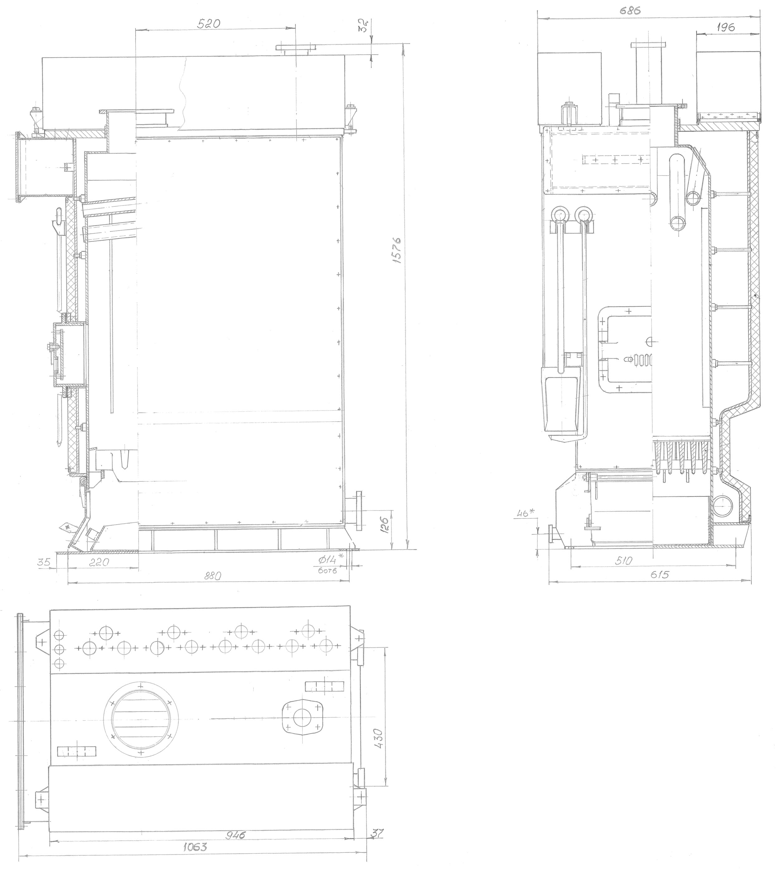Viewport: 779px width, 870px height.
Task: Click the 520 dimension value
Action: (208, 24)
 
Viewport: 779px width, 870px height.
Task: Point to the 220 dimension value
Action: (100, 562)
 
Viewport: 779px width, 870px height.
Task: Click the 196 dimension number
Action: (725, 27)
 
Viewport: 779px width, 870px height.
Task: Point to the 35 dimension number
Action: (44, 562)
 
